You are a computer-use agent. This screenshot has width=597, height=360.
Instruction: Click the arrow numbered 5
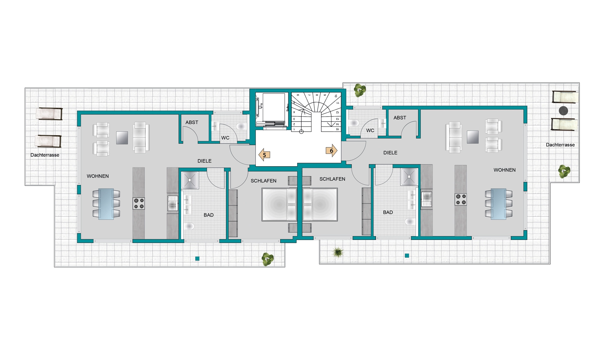264,155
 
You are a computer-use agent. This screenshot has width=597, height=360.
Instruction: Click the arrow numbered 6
331,151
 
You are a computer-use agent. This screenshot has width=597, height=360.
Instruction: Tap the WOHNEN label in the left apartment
98,176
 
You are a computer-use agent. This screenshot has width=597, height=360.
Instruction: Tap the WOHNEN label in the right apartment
504,170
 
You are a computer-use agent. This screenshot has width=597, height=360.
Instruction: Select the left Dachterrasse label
45,155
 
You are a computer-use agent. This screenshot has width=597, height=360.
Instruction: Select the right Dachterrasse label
560,145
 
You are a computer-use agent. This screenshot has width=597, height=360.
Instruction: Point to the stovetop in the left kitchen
139,204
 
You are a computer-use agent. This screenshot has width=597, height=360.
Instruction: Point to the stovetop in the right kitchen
460,200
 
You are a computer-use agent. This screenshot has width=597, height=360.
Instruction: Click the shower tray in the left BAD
190,180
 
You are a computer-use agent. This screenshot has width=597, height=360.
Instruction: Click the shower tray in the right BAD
409,177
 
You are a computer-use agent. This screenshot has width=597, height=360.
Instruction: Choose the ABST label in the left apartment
192,122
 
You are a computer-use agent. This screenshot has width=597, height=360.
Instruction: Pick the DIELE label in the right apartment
390,153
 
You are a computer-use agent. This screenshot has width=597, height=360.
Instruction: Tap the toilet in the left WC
241,126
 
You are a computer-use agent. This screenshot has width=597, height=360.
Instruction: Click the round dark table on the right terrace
563,111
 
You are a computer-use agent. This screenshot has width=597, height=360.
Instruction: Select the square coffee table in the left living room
122,138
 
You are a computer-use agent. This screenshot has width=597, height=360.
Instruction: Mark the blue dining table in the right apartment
498,204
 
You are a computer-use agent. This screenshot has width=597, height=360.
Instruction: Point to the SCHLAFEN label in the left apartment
263,181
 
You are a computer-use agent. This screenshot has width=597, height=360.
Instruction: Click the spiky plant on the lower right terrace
338,252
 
